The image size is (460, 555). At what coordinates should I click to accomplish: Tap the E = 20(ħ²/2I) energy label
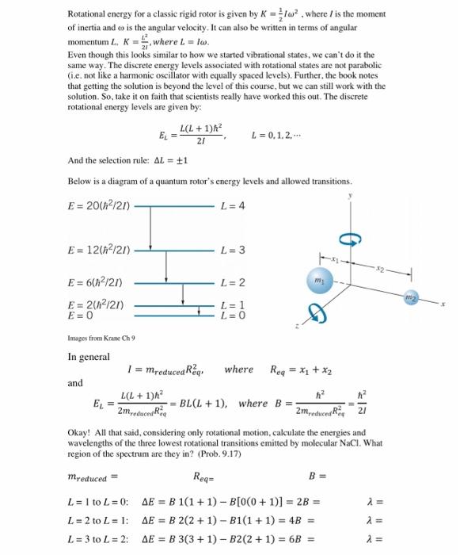point(100,206)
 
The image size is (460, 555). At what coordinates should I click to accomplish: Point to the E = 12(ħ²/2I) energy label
point(100,251)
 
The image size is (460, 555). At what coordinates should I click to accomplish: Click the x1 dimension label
point(334,258)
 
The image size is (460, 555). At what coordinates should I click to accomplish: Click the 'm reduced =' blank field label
point(93,477)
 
